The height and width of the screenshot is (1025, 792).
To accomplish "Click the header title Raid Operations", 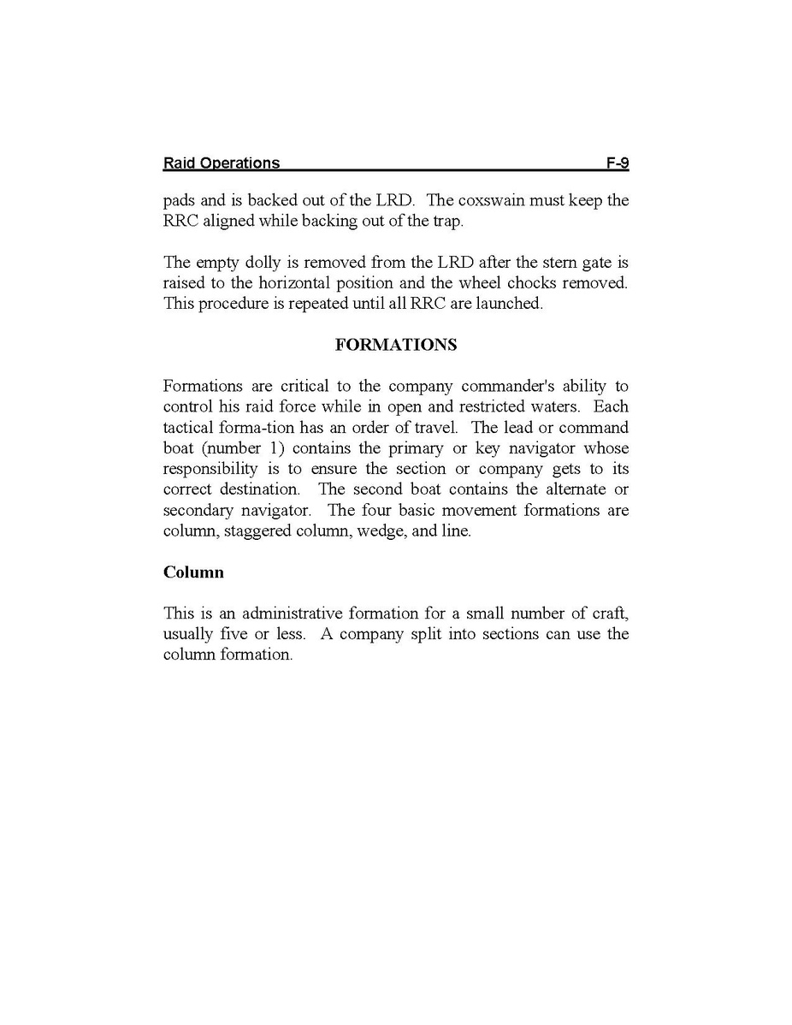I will coord(221,163).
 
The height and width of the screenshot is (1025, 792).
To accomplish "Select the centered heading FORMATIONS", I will coord(396,345).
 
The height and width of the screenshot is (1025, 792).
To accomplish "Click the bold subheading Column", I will coord(193,572).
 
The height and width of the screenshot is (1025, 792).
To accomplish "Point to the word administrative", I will coord(294,613).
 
